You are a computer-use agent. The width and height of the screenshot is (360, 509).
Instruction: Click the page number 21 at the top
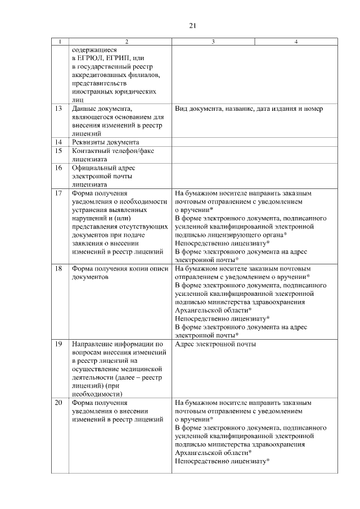[x=192, y=25]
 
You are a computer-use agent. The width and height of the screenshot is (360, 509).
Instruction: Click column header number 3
[x=213, y=42]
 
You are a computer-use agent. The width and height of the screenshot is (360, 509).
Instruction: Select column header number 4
[x=296, y=42]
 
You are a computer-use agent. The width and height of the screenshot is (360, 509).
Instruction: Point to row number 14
[x=58, y=142]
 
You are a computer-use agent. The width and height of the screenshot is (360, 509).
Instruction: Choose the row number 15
[x=58, y=151]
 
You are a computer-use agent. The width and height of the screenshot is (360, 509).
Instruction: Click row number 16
[x=58, y=168]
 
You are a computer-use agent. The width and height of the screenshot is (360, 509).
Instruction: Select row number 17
[x=58, y=193]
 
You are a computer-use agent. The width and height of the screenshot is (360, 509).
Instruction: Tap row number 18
[x=58, y=269]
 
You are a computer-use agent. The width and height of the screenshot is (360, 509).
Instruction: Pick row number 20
[x=58, y=403]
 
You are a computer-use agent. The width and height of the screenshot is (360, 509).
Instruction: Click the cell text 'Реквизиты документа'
[x=105, y=142]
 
